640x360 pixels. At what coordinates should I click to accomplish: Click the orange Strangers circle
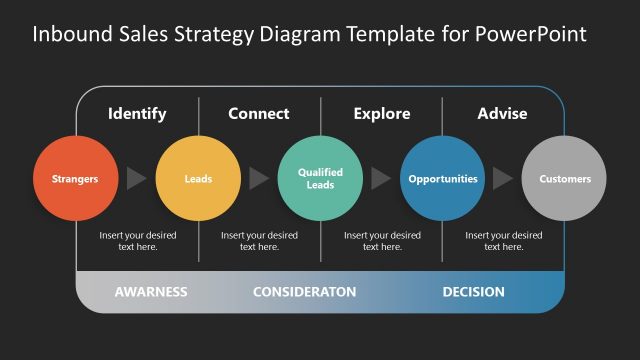(76, 179)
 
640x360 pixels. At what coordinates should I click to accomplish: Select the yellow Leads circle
(198, 179)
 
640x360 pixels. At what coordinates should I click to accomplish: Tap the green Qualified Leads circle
(320, 179)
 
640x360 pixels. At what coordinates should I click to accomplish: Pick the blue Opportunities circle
(442, 179)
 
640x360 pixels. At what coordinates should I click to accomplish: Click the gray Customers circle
(564, 179)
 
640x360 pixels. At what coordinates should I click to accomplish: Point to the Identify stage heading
(137, 113)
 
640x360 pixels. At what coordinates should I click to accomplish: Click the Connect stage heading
(259, 113)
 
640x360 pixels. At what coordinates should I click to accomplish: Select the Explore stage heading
(381, 113)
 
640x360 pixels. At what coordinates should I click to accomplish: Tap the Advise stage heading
(502, 113)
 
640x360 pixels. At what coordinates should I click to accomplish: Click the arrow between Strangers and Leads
(136, 179)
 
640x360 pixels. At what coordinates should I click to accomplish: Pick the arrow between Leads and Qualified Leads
(258, 179)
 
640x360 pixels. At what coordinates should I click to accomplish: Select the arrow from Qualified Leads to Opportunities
(380, 179)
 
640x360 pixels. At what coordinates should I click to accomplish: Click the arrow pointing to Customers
(502, 179)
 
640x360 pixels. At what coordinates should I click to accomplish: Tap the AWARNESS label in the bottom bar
(151, 292)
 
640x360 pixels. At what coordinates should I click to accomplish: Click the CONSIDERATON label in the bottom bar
(304, 292)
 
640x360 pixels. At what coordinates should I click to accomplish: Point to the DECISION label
(473, 292)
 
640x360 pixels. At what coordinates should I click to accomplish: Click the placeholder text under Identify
(137, 241)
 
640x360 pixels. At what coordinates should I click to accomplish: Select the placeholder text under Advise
(504, 241)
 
